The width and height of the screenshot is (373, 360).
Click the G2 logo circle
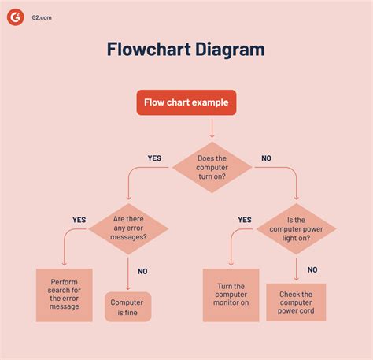[15, 15]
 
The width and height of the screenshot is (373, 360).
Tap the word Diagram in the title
[227, 50]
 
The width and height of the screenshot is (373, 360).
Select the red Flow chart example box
[186, 103]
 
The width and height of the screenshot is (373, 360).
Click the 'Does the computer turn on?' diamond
[212, 167]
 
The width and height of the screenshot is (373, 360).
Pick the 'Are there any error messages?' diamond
[128, 228]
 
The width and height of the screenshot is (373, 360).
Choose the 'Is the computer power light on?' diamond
[296, 228]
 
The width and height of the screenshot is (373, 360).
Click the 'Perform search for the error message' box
[64, 295]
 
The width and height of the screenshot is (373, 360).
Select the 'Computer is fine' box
[127, 306]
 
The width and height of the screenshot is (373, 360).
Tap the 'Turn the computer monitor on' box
[231, 295]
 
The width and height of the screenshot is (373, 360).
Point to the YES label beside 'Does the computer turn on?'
[154, 158]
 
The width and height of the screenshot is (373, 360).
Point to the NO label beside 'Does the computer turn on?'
[266, 158]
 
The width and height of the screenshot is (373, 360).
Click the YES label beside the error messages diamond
[79, 220]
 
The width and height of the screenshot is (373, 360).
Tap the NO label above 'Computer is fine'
[142, 271]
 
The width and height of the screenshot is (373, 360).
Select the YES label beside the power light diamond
[245, 220]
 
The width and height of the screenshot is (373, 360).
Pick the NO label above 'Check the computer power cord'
[312, 269]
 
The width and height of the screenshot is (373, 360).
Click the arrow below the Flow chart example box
[211, 128]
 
